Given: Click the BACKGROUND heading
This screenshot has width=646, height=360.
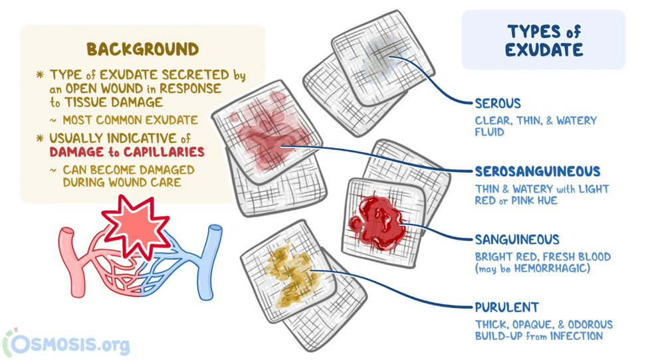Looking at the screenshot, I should tap(142, 49).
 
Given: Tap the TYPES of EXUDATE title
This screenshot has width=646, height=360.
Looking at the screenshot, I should tap(544, 41).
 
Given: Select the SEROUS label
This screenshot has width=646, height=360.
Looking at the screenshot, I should tap(498, 104).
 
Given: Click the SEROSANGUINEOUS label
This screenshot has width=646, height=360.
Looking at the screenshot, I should tap(537, 171).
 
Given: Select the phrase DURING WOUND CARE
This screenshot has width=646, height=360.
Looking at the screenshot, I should tap(117, 182).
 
